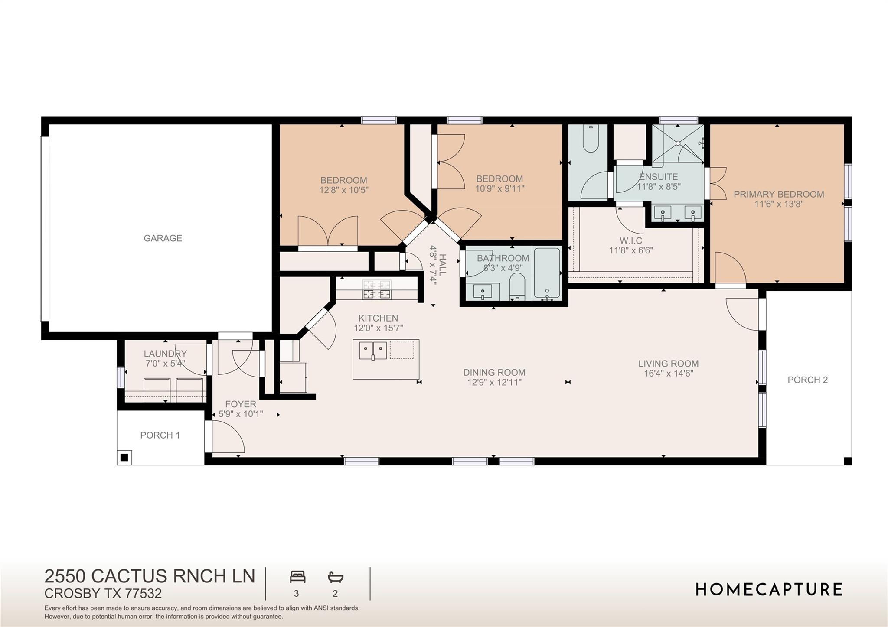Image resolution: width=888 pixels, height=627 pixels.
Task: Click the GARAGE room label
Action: pyautogui.click(x=163, y=238)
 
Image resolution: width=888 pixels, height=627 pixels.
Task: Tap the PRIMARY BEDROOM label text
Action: pyautogui.click(x=779, y=194)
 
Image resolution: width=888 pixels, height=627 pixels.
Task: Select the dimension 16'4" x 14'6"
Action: pyautogui.click(x=669, y=374)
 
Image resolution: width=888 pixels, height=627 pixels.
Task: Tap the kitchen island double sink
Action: pyautogui.click(x=373, y=350)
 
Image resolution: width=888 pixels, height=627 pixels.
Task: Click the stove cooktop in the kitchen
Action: pyautogui.click(x=376, y=289)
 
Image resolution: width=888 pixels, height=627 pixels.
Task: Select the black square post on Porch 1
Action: pyautogui.click(x=124, y=457)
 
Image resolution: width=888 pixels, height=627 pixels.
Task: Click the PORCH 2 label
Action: pyautogui.click(x=807, y=380)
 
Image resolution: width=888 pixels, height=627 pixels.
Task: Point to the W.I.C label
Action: pyautogui.click(x=630, y=240)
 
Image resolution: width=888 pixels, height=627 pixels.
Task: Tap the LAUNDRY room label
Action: pyautogui.click(x=165, y=354)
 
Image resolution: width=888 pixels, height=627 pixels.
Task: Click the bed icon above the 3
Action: pyautogui.click(x=297, y=577)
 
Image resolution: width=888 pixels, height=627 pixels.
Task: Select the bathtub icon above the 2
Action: pyautogui.click(x=335, y=577)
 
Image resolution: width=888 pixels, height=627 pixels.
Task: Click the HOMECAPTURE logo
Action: pyautogui.click(x=769, y=589)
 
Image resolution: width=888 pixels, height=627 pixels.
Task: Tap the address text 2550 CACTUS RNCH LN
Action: pyautogui.click(x=150, y=576)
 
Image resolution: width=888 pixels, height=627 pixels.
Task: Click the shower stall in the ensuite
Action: pyautogui.click(x=677, y=143)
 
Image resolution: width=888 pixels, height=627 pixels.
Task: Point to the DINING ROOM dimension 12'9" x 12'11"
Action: pyautogui.click(x=494, y=382)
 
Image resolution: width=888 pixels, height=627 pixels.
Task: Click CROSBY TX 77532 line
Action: pyautogui.click(x=103, y=593)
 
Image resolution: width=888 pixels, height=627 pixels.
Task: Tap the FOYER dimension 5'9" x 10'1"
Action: pyautogui.click(x=241, y=414)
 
